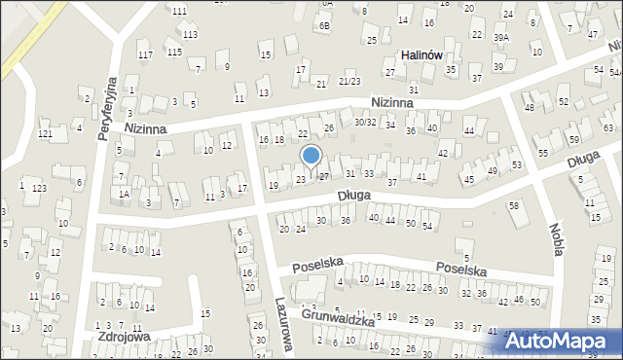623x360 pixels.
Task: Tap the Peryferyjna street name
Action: [x=107, y=108]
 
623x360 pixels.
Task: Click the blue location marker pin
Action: [x=311, y=157]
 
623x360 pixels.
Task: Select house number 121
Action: [x=44, y=133]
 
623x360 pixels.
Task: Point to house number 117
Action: [x=145, y=54]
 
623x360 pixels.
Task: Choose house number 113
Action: [x=189, y=34]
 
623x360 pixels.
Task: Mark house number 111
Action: [x=179, y=11]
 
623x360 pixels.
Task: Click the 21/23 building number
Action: [x=349, y=81]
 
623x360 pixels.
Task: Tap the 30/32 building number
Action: [x=365, y=122]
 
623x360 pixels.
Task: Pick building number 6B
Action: [x=324, y=26]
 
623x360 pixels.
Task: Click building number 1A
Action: [x=124, y=194]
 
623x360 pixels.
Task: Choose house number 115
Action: [x=173, y=52]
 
